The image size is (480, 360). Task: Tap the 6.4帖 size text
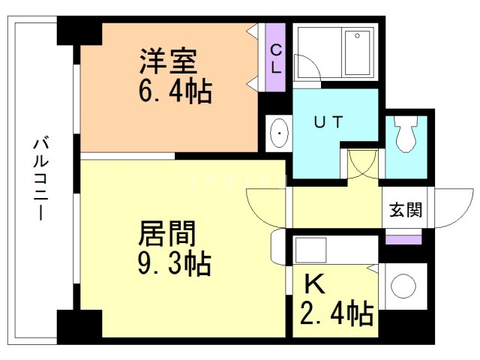coord(174,93)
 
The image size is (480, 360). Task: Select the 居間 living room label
coord(166,233)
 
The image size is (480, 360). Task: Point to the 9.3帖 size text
coord(173,264)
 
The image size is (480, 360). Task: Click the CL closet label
coord(276,58)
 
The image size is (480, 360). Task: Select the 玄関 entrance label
coord(405,209)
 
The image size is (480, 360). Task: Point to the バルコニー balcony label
coord(38,180)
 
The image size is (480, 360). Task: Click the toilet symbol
coord(406,135)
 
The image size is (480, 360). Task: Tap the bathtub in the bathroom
coord(356,52)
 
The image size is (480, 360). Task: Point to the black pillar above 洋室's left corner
coord(78,33)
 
